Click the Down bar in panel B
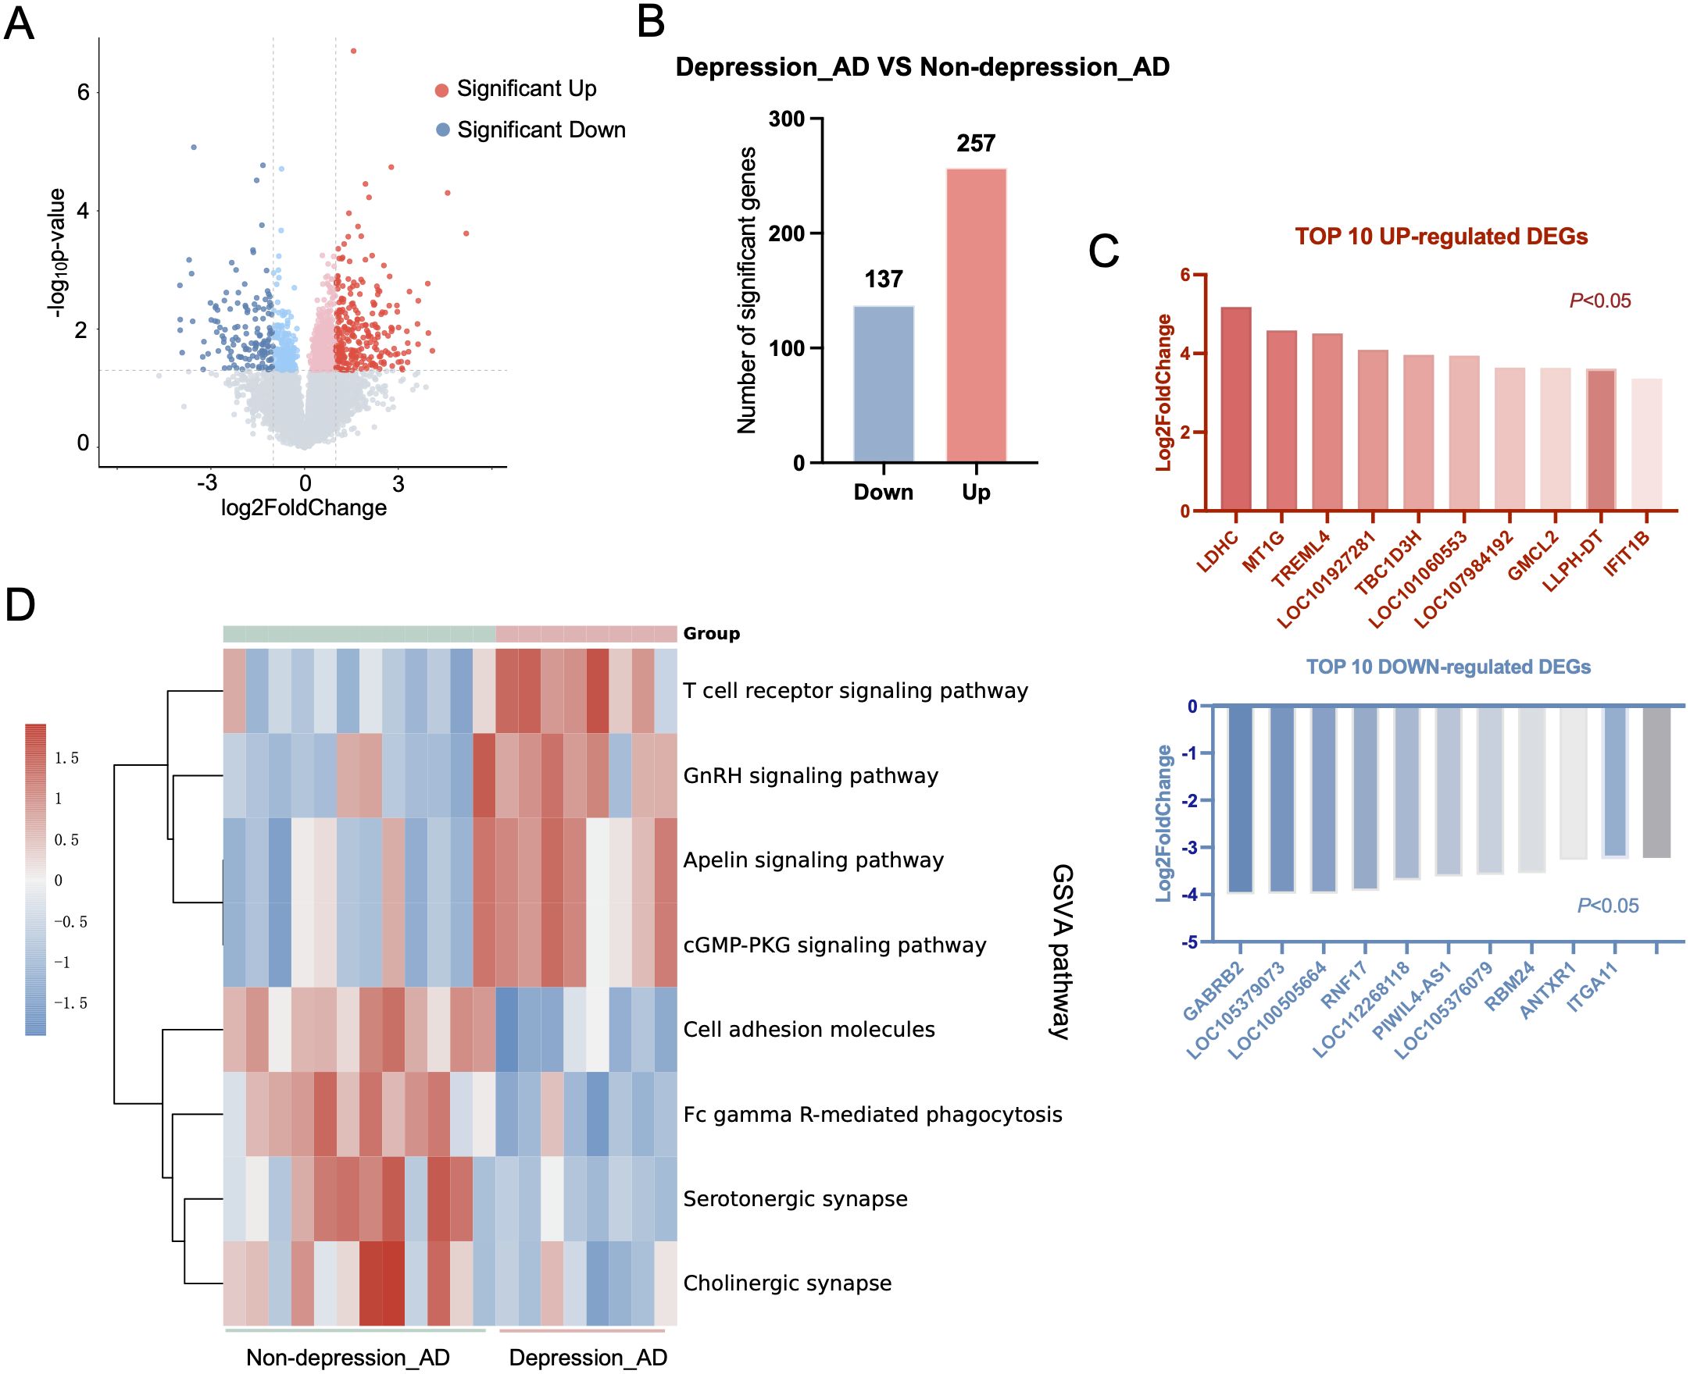[x=883, y=384]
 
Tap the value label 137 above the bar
[x=883, y=279]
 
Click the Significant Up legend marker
[x=442, y=90]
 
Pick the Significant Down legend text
[x=541, y=130]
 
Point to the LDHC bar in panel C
[x=1235, y=408]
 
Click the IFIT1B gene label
[x=1628, y=555]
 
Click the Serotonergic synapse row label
[x=795, y=1198]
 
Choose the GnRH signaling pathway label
[x=810, y=776]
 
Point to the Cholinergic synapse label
[x=788, y=1283]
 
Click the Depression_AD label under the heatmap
[x=588, y=1358]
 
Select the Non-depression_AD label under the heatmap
[x=348, y=1358]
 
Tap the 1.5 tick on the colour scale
[x=66, y=758]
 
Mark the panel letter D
[x=20, y=607]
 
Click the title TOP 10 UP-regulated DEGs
[x=1441, y=237]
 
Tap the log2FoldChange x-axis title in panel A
[x=304, y=508]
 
